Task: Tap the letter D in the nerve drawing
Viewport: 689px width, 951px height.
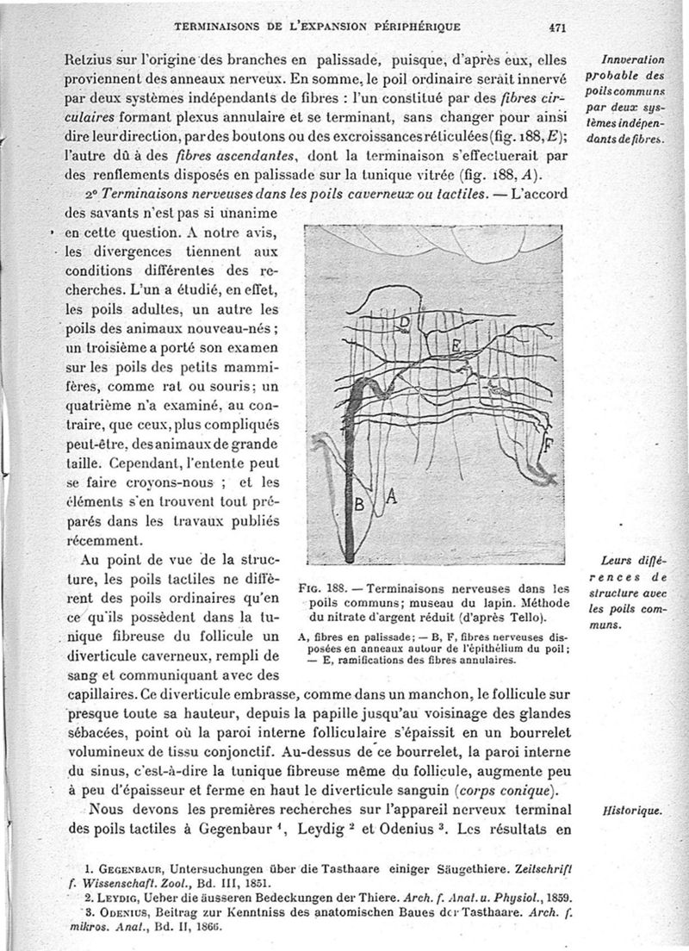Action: [x=406, y=325]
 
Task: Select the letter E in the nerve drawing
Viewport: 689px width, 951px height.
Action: [x=456, y=346]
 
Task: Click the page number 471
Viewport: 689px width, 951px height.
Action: [x=556, y=27]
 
